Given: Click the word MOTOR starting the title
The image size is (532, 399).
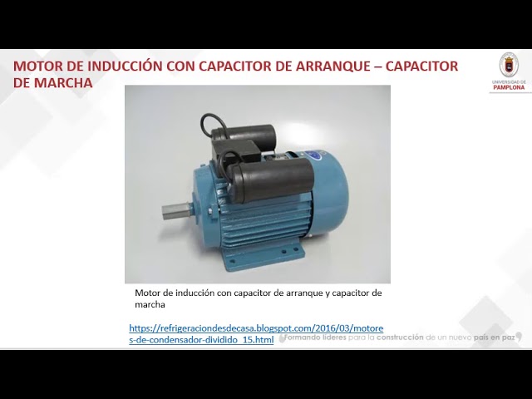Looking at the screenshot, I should pos(39,66).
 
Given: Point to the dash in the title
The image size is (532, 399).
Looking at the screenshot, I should pos(367,66).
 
